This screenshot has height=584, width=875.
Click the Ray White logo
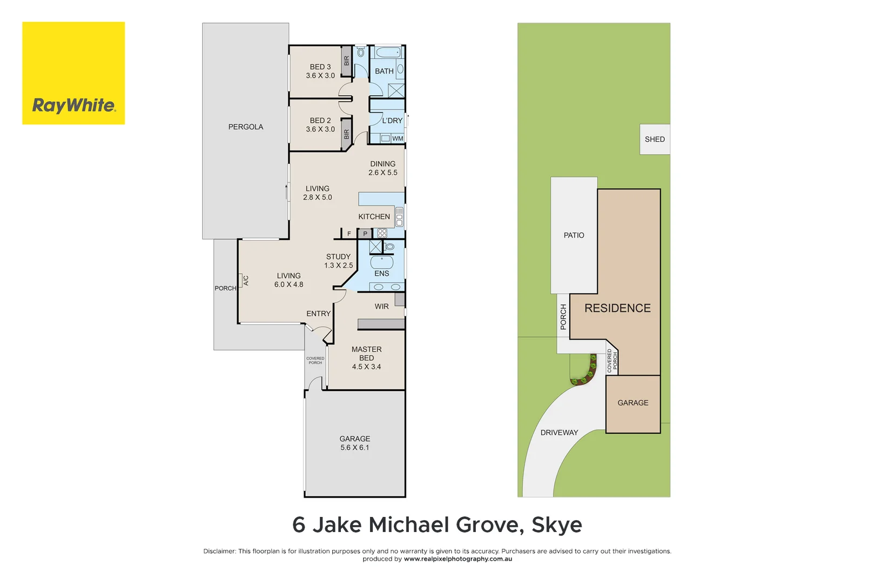pos(73,74)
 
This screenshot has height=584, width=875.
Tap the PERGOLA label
pos(246,127)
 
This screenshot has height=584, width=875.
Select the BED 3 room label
pos(320,67)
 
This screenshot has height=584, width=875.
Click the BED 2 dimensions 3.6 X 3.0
pos(320,129)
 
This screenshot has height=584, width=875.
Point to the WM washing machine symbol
pos(386,138)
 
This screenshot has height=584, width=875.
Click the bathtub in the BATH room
pos(388,52)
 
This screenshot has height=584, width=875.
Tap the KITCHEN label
pos(374,217)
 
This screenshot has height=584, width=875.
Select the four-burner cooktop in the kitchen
pos(382,233)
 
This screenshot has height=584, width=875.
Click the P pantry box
pos(365,234)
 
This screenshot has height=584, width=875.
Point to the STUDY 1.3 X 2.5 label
pos(339,261)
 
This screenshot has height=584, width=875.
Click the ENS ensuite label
pos(382,274)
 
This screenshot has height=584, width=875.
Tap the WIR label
pos(382,307)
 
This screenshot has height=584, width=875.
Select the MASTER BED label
pos(367,354)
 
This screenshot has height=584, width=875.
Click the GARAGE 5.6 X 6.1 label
pos(355,443)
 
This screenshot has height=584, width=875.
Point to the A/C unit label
pos(246,281)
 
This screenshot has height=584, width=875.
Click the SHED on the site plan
pos(655,140)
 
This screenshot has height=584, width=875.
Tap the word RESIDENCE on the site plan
pos(617,308)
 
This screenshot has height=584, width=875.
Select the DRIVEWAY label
pos(559,433)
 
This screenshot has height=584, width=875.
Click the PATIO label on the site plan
pos(574,235)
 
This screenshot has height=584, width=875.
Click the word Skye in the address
pos(556,525)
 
